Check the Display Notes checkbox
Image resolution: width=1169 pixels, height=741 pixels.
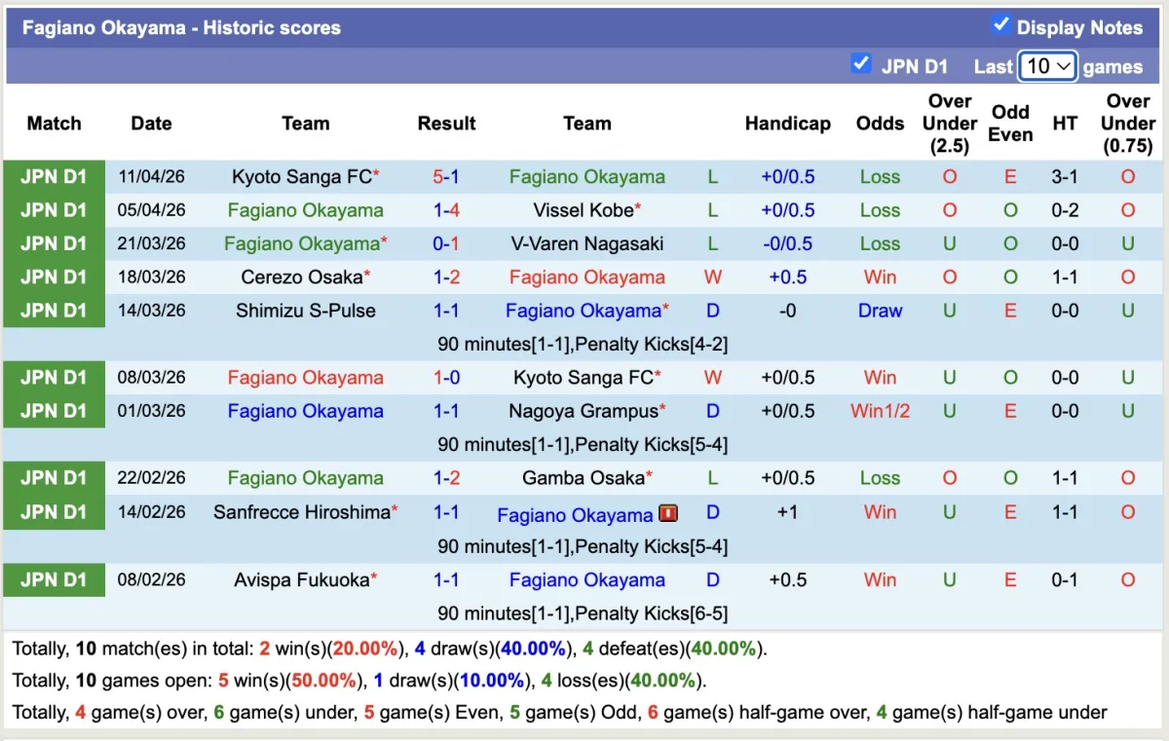[x=1000, y=25]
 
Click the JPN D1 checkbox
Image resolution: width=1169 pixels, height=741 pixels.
[x=860, y=64]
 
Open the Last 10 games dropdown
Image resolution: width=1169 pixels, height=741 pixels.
[x=1047, y=66]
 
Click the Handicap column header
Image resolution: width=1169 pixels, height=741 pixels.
[x=787, y=124]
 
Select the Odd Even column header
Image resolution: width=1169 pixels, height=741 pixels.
[x=1010, y=124]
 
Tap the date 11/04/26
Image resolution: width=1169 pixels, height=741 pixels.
[x=151, y=177]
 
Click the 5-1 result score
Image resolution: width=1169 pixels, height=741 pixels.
[x=446, y=177]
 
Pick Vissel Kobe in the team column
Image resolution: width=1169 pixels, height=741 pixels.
[x=583, y=210]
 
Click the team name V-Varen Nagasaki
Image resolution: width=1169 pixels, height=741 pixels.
[x=586, y=243]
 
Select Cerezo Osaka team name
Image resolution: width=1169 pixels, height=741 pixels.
[x=302, y=278]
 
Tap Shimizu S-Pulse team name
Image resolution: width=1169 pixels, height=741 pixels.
[x=305, y=311]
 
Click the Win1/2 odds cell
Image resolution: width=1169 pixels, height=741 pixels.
[x=880, y=411]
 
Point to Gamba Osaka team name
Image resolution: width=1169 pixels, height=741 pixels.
[x=583, y=478]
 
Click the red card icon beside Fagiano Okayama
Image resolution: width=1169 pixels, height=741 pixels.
[x=667, y=513]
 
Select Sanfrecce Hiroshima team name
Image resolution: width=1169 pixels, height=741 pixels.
[x=302, y=512]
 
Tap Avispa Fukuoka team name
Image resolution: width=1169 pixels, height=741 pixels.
[x=302, y=580]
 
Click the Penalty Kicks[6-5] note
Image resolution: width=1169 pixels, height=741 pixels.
[x=583, y=613]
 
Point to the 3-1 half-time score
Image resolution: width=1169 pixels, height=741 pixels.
[x=1065, y=177]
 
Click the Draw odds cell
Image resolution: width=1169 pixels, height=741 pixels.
[x=880, y=311]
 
